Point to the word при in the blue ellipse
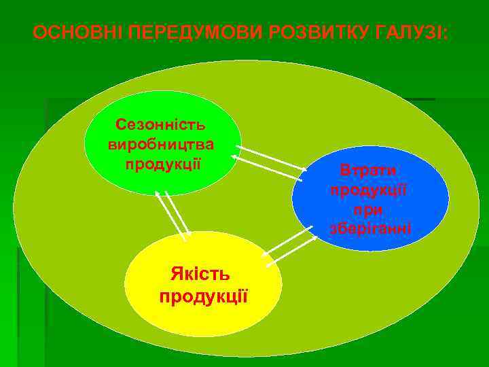369,209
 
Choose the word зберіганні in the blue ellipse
369,228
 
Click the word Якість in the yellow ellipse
200,275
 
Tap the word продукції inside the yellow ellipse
203,297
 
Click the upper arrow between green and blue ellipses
272,158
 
